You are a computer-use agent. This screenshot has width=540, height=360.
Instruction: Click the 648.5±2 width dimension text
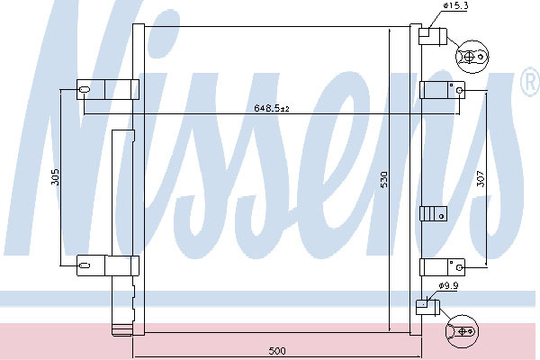[x=272, y=108]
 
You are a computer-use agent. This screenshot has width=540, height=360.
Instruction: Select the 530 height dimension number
[x=383, y=179]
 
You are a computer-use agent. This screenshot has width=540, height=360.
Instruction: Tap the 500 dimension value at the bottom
[x=277, y=351]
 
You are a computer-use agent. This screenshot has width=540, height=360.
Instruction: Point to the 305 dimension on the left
[x=56, y=176]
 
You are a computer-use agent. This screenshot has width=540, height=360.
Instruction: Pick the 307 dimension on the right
[x=481, y=179]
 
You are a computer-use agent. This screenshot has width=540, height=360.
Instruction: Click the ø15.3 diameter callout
[x=455, y=5]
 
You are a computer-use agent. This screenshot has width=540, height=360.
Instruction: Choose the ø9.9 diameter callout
[x=448, y=285]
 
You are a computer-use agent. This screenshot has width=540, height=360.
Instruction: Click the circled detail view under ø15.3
[x=472, y=57]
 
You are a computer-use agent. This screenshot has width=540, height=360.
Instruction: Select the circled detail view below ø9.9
[x=462, y=331]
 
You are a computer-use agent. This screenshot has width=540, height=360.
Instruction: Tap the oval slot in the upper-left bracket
[x=85, y=90]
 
